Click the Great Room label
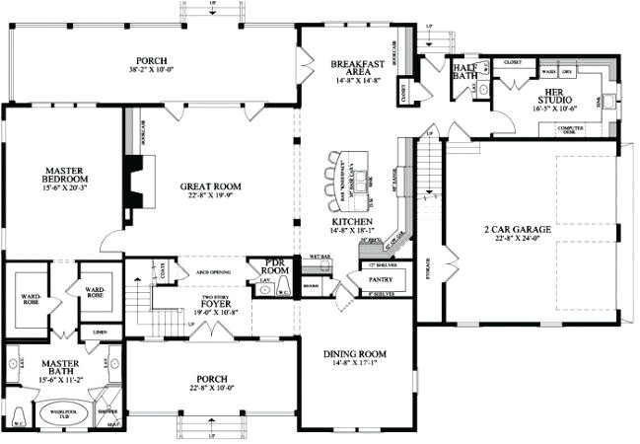[211, 185]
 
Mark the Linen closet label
[101, 333]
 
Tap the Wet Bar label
[320, 256]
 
